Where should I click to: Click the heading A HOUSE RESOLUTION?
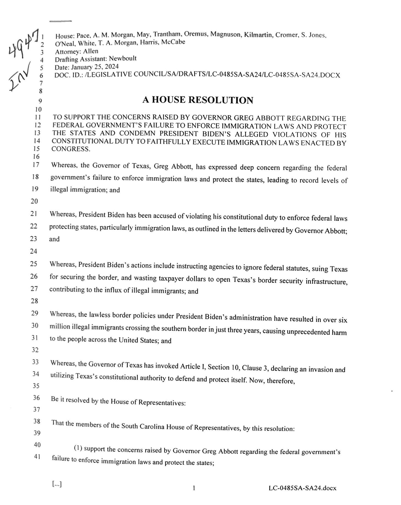(x=197, y=100)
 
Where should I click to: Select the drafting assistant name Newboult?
(x=123, y=58)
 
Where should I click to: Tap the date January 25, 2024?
(x=95, y=67)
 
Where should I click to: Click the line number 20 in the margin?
(x=34, y=201)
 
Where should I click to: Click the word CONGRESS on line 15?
(x=71, y=149)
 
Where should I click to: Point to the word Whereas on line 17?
(x=62, y=165)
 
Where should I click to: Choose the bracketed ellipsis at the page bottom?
(x=57, y=484)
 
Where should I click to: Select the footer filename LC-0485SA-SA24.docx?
(x=302, y=488)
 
